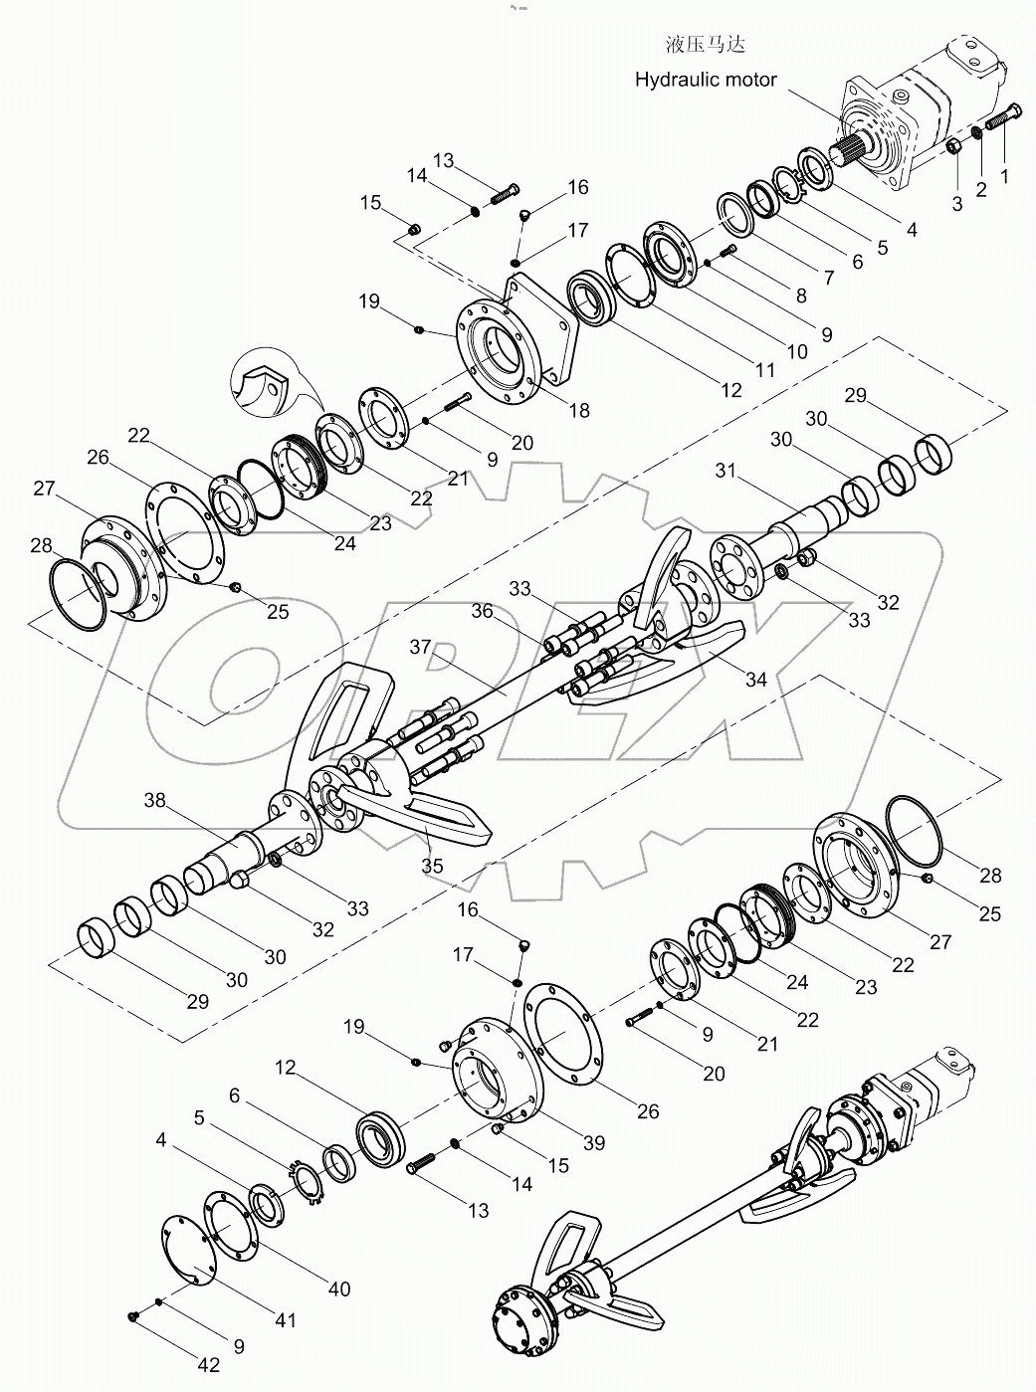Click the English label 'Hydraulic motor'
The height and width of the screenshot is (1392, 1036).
[706, 80]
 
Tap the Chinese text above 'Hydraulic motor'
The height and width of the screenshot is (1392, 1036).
[705, 45]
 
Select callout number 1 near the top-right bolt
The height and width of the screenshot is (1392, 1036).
[1004, 177]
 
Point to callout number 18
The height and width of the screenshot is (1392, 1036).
[577, 410]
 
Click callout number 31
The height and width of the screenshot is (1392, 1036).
[726, 471]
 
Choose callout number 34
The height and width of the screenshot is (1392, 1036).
[756, 680]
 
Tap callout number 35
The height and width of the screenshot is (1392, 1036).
[432, 866]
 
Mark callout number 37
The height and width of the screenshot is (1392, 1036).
[421, 647]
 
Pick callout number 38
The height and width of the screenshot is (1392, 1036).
[155, 799]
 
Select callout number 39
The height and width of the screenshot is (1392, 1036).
[593, 1143]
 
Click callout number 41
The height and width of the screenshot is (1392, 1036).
[286, 1320]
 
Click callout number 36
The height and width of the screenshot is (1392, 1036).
[482, 611]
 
